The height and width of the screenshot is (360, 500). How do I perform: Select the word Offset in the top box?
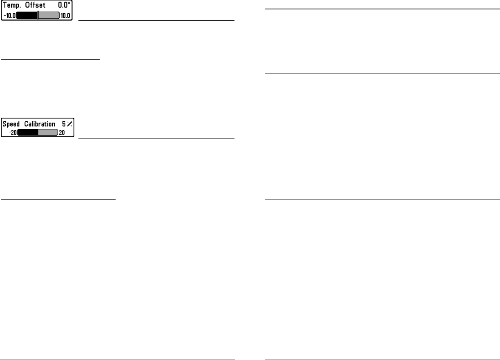click(x=36, y=7)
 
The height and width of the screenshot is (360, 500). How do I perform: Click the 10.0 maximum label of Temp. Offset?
click(x=65, y=16)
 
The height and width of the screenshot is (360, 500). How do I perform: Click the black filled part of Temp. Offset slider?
click(x=26, y=16)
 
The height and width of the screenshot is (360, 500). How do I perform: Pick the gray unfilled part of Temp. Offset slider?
click(x=49, y=16)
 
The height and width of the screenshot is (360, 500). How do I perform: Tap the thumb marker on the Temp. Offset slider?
click(x=38, y=16)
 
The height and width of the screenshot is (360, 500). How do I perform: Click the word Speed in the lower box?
click(x=11, y=124)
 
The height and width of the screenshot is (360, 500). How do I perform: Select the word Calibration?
click(x=41, y=124)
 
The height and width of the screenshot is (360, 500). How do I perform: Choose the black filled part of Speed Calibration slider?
click(x=27, y=132)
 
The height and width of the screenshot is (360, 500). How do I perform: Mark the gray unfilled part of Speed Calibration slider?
click(x=48, y=132)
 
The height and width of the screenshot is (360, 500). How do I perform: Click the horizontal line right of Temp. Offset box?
click(x=156, y=20)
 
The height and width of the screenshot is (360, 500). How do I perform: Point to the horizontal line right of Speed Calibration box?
click(x=156, y=138)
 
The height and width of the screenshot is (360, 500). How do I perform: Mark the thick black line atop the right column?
click(x=382, y=9)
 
